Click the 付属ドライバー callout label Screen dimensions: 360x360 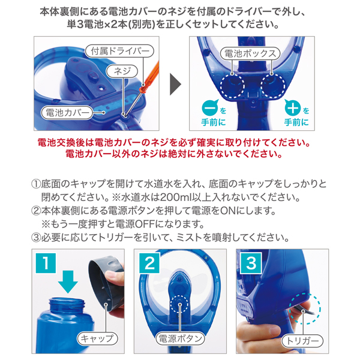119,51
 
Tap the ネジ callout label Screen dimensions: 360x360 122,71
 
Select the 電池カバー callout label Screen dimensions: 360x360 67,113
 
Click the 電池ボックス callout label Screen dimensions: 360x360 250,53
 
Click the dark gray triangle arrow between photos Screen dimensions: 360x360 175,84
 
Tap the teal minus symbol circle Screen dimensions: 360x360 210,107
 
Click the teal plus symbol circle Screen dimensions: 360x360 293,107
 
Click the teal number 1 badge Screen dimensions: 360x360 46,263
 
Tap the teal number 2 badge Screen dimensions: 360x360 149,263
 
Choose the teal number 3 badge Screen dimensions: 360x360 251,263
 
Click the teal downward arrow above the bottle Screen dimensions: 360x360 68,282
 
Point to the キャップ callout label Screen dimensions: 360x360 97,338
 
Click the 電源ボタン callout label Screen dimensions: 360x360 181,338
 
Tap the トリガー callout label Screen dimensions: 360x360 302,341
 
